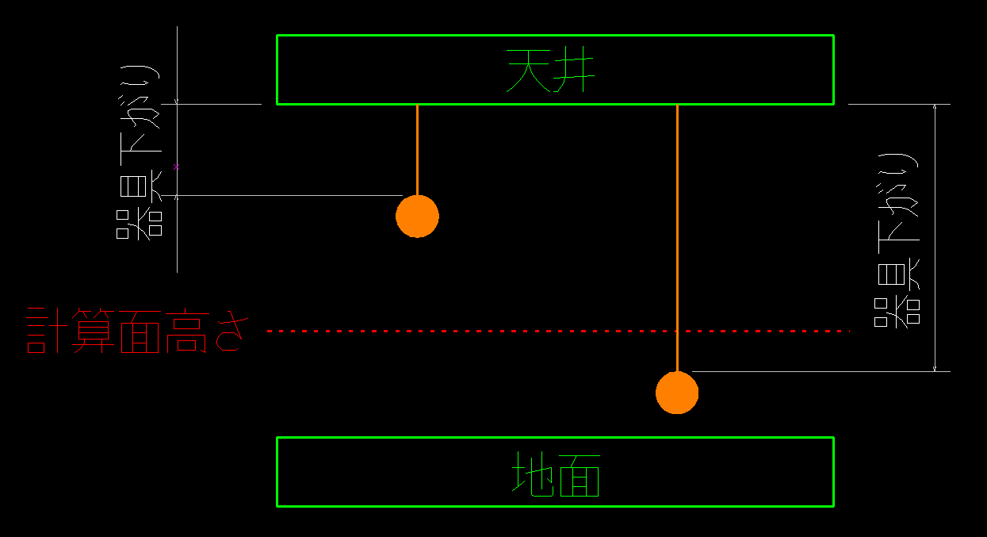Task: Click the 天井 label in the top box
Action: (x=551, y=71)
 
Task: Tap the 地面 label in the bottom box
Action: (x=555, y=474)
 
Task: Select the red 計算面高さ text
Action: (x=133, y=332)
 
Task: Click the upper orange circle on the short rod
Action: (x=417, y=216)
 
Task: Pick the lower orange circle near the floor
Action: (x=677, y=393)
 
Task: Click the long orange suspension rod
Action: (x=677, y=238)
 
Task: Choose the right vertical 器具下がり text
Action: (x=898, y=238)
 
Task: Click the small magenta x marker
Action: (x=177, y=167)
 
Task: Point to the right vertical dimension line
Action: (x=936, y=238)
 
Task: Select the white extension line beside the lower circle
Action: (x=817, y=371)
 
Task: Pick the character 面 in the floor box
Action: (x=580, y=474)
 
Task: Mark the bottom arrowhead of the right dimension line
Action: (x=936, y=367)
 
